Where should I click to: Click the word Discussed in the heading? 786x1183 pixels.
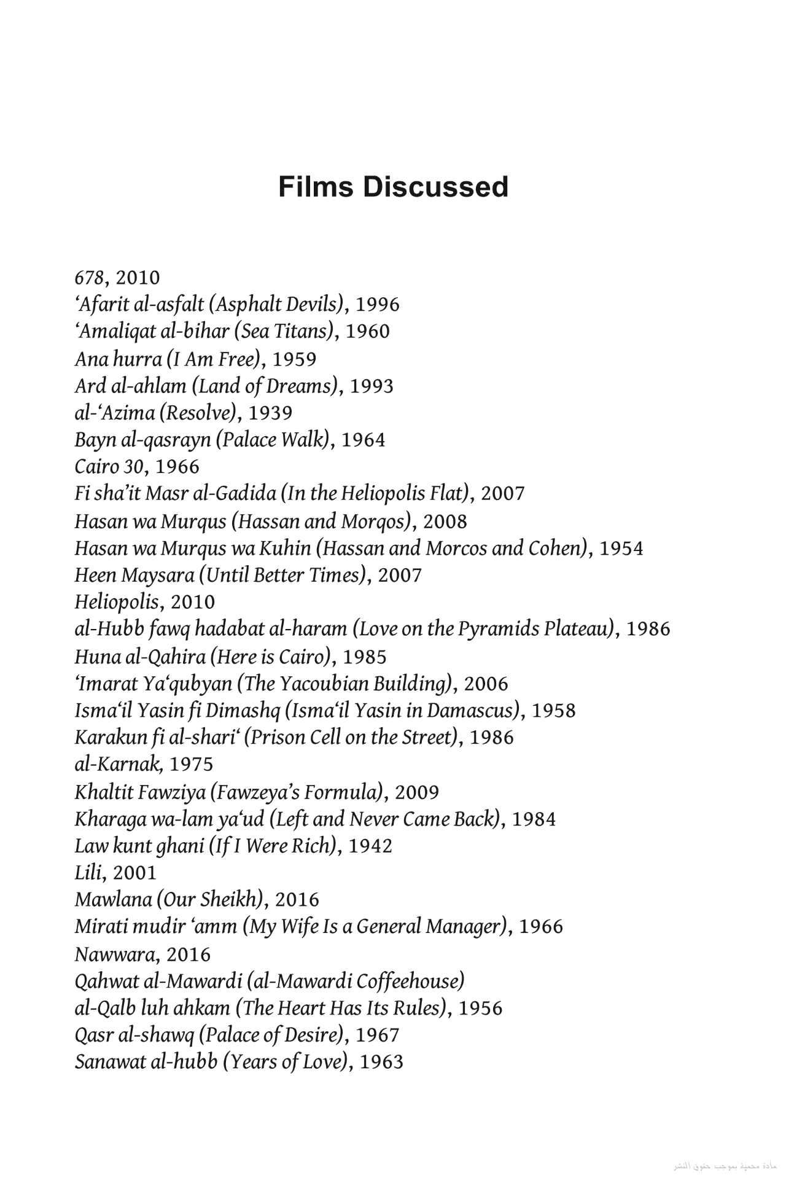click(435, 187)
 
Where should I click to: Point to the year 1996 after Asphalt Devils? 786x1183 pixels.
click(378, 305)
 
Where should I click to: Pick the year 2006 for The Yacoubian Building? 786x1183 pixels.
click(486, 684)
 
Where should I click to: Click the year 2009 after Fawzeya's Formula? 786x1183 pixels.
click(417, 792)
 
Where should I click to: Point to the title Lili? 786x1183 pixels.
click(90, 873)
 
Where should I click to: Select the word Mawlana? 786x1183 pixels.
click(112, 900)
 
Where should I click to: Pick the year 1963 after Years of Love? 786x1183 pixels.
click(381, 1062)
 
